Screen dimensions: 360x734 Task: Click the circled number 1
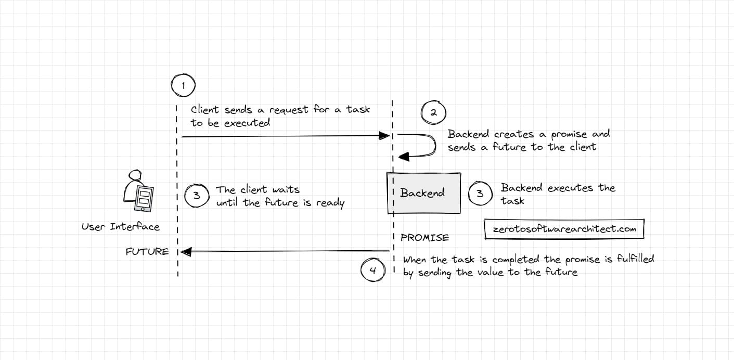[183, 85]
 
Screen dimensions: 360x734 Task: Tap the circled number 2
[433, 113]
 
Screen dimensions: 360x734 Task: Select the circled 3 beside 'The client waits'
[197, 196]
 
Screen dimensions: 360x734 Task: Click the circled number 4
[372, 270]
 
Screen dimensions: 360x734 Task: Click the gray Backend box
[423, 193]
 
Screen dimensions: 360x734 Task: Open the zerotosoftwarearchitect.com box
[564, 229]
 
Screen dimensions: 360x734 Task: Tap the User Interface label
[121, 227]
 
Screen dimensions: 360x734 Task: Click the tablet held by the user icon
[145, 198]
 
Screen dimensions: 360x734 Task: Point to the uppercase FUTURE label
[147, 252]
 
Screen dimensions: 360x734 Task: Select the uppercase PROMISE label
[424, 238]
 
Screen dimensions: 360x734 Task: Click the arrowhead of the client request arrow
[385, 136]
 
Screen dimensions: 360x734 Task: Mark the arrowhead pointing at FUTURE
[186, 252]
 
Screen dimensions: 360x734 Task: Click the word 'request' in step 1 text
[289, 110]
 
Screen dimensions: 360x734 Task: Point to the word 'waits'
[286, 190]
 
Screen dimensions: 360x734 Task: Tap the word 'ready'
[330, 203]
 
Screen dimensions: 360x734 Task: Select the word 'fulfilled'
[635, 259]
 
